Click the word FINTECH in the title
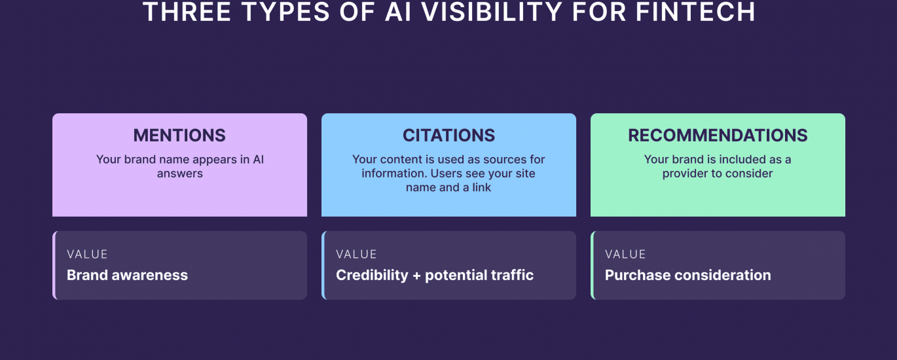click(x=695, y=12)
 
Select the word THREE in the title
click(x=187, y=12)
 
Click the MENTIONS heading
click(x=179, y=135)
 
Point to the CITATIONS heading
click(x=449, y=135)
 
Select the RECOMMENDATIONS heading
click(x=718, y=135)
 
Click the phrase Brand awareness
click(x=127, y=275)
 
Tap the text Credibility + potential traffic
click(x=435, y=275)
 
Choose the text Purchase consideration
click(x=688, y=275)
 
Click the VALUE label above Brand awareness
click(x=87, y=254)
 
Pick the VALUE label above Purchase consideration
click(x=625, y=254)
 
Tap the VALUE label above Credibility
click(x=356, y=254)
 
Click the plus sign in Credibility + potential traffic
click(x=416, y=276)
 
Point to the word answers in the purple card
click(x=180, y=173)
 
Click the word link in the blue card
click(x=481, y=187)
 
